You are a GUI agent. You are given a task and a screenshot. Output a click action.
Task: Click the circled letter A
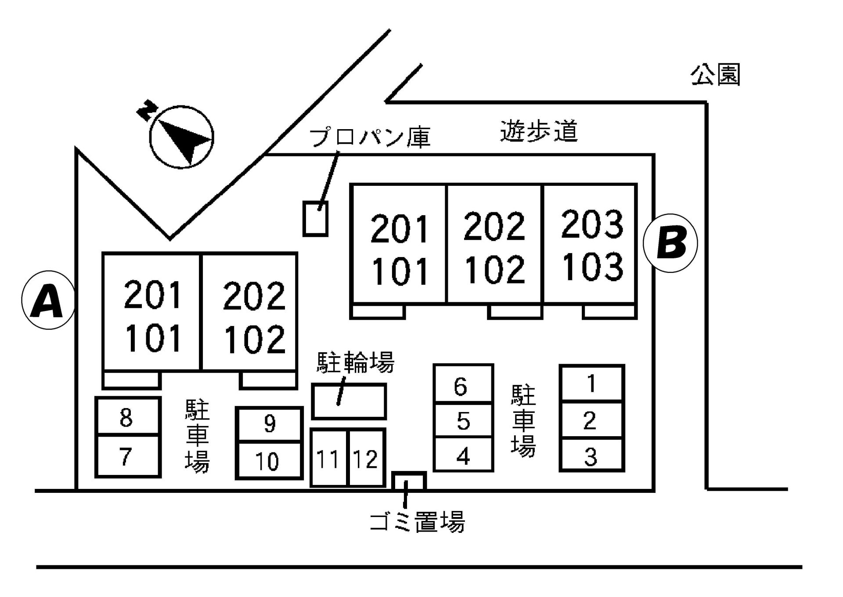[x=47, y=300]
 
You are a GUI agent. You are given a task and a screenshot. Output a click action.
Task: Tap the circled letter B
[x=670, y=243]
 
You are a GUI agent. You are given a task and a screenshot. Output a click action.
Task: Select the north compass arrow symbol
[x=181, y=137]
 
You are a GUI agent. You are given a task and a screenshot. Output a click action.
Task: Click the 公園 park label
[x=715, y=75]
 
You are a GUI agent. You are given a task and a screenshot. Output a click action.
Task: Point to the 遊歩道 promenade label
[x=539, y=131]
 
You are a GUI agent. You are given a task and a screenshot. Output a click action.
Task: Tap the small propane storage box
[x=315, y=219]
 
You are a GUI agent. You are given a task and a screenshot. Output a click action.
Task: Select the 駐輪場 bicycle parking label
[x=355, y=362]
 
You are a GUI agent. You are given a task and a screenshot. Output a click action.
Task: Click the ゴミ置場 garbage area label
[x=417, y=521]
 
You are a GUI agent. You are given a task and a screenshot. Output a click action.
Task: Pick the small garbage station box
[x=409, y=481]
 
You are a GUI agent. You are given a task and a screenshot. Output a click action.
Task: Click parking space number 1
[x=591, y=383]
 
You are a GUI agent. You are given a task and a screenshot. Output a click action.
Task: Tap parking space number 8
[x=127, y=416]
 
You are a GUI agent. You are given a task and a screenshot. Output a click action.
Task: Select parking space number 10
[x=269, y=460]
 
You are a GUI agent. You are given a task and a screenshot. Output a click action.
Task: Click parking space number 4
[x=463, y=456]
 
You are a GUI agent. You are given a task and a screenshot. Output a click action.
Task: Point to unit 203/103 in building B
[x=591, y=244]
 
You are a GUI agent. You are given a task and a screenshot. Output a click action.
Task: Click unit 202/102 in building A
[x=249, y=313]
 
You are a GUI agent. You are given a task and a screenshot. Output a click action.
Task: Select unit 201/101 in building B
[x=399, y=244]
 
